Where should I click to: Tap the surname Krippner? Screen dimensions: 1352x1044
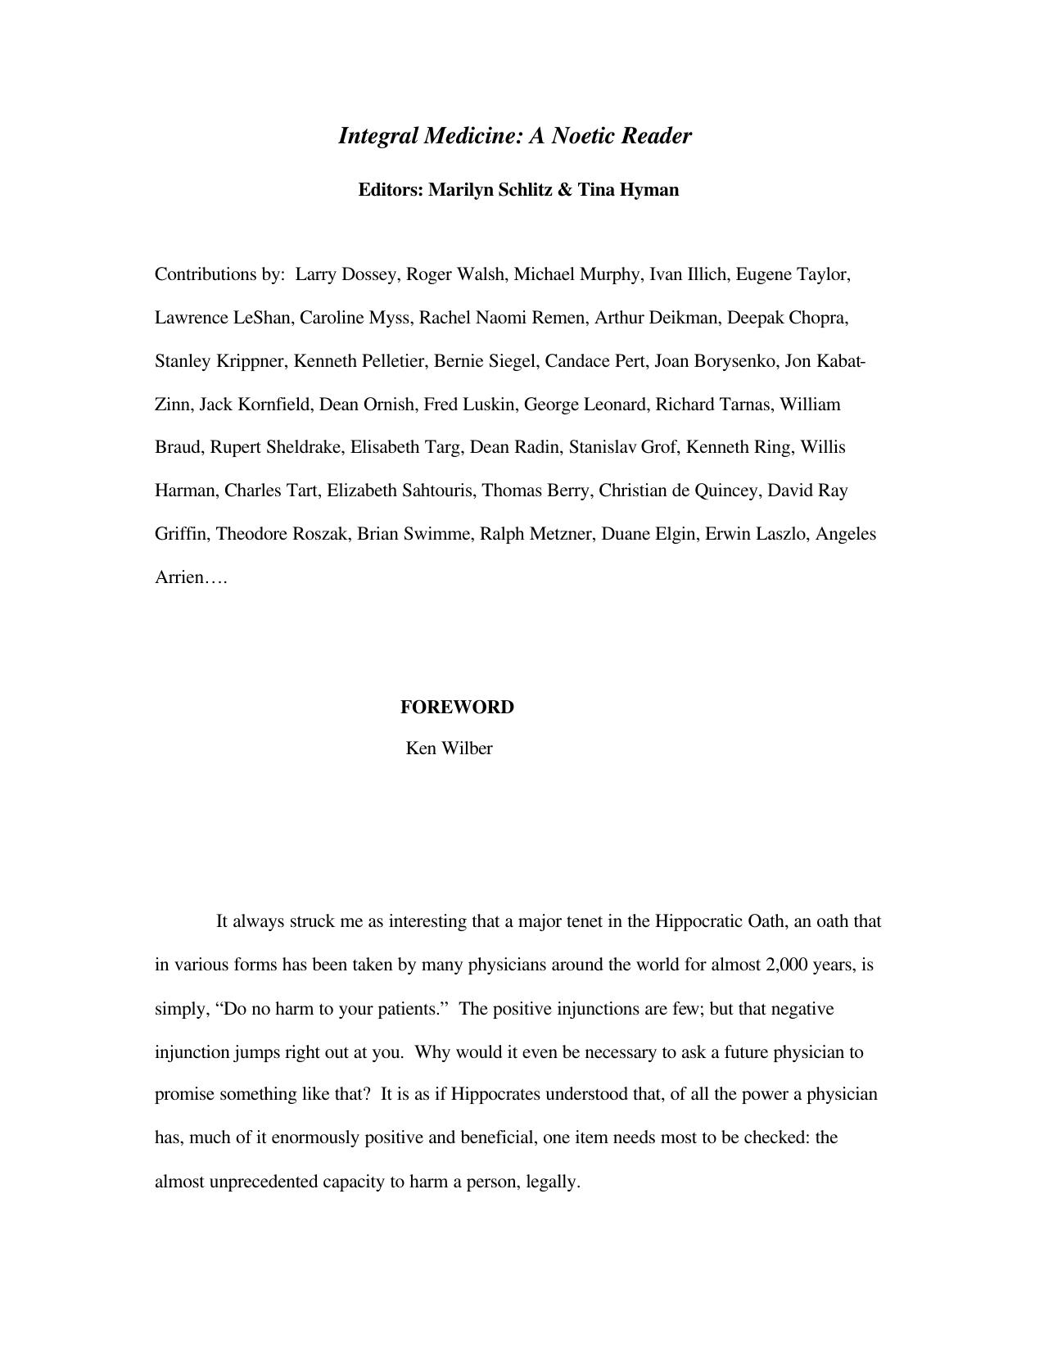[250, 361]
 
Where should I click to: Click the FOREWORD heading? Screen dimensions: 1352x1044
[457, 708]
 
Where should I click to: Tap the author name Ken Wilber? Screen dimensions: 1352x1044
[449, 748]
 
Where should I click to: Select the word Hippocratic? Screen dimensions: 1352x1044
[698, 921]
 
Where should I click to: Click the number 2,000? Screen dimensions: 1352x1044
[786, 965]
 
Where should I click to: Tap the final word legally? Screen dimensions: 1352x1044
[553, 1182]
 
